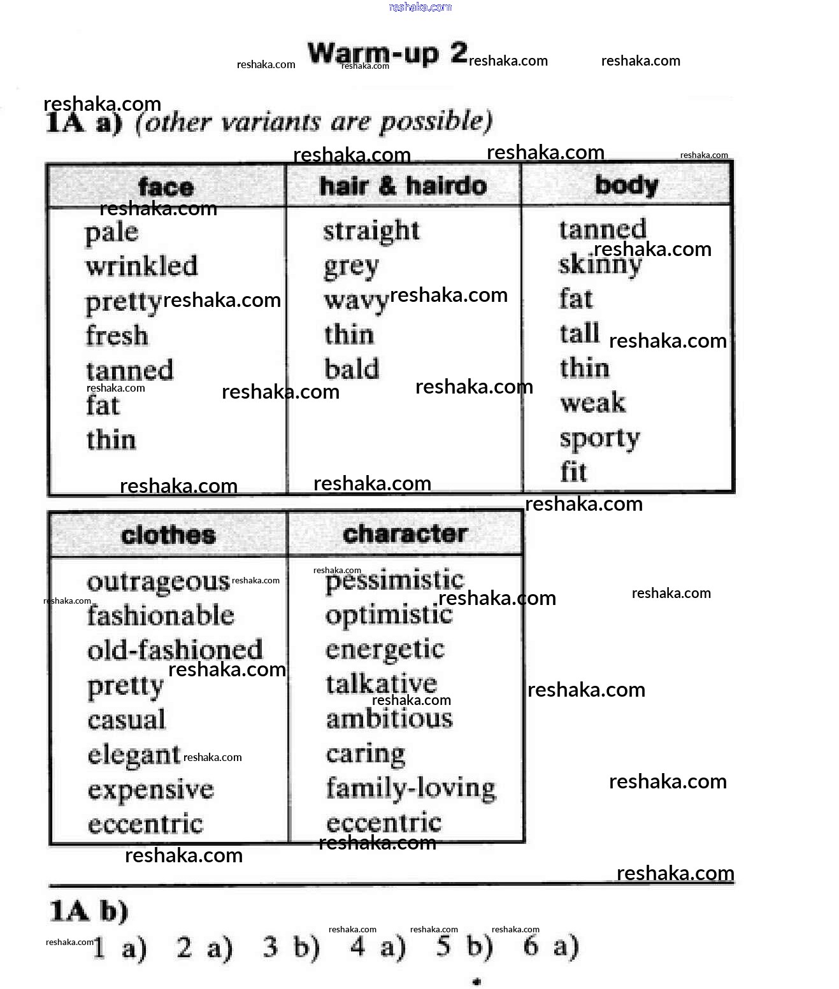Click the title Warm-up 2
point(387,53)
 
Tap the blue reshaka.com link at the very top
point(420,7)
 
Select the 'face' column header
point(166,187)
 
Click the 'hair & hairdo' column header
point(403,186)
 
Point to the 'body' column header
point(626,186)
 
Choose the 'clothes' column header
point(168,534)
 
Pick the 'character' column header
point(405,534)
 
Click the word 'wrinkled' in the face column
point(141,266)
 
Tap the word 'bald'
point(352,369)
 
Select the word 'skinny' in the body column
point(599,264)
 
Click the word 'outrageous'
point(158,582)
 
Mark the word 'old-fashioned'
point(175,650)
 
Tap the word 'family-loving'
point(411,788)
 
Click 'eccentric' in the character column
point(384,823)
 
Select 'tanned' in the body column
point(603,229)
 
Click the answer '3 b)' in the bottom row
point(291,947)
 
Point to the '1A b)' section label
point(89,911)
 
